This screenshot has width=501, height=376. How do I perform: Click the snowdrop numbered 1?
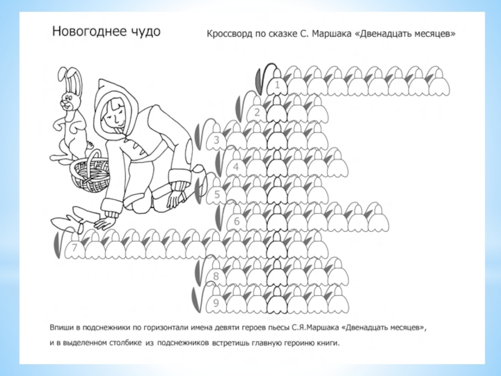tap(277, 83)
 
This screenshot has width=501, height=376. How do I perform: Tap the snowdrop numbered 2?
tap(257, 111)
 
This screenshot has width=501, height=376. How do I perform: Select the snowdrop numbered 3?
tap(217, 138)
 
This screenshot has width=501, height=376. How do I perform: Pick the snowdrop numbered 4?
tap(237, 165)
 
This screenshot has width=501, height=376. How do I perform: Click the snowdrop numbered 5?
tap(217, 193)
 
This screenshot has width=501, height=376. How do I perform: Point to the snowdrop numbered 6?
tap(237, 220)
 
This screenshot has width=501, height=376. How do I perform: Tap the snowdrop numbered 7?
tap(75, 247)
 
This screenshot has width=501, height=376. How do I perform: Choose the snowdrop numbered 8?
tap(217, 274)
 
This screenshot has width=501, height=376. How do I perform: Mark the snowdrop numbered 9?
tap(217, 301)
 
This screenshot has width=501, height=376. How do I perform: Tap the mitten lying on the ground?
tap(69, 220)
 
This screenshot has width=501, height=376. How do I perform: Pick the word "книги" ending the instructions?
tap(328, 343)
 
